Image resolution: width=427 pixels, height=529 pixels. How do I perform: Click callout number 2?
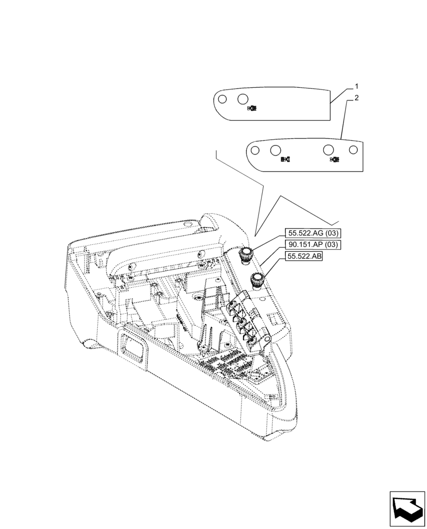click(x=357, y=98)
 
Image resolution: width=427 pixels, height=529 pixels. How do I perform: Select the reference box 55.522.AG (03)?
click(x=313, y=233)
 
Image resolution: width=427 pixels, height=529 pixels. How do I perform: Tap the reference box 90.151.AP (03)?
click(x=313, y=244)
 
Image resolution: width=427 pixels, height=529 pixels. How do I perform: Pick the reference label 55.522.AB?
click(x=305, y=257)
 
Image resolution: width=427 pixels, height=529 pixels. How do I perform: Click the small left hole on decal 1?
click(x=222, y=99)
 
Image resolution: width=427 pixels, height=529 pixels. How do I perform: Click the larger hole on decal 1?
click(x=243, y=99)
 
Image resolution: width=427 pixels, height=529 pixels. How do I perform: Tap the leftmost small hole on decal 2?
click(x=255, y=151)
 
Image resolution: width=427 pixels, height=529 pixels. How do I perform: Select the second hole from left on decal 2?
click(x=275, y=150)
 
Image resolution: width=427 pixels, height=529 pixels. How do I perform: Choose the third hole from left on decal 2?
click(x=329, y=150)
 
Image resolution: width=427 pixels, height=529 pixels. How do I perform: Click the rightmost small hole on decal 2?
click(x=353, y=150)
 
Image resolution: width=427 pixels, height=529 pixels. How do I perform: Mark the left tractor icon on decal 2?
click(x=285, y=159)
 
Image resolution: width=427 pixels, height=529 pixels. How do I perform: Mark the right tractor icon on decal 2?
click(x=334, y=159)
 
